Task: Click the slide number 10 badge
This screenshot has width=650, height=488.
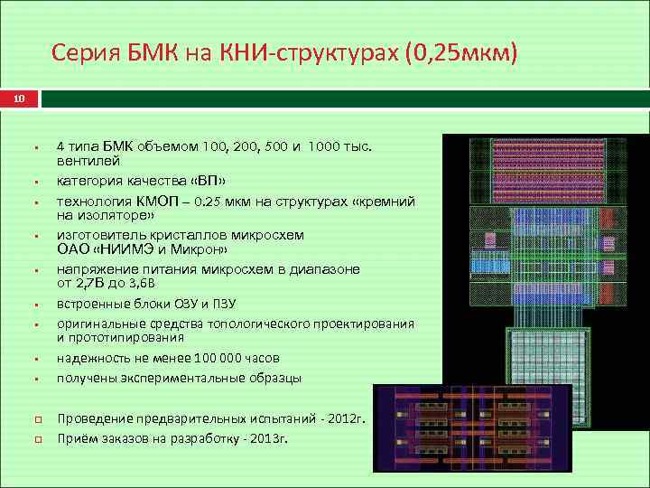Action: (x=19, y=98)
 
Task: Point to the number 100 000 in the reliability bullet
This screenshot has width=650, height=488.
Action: (x=197, y=358)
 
